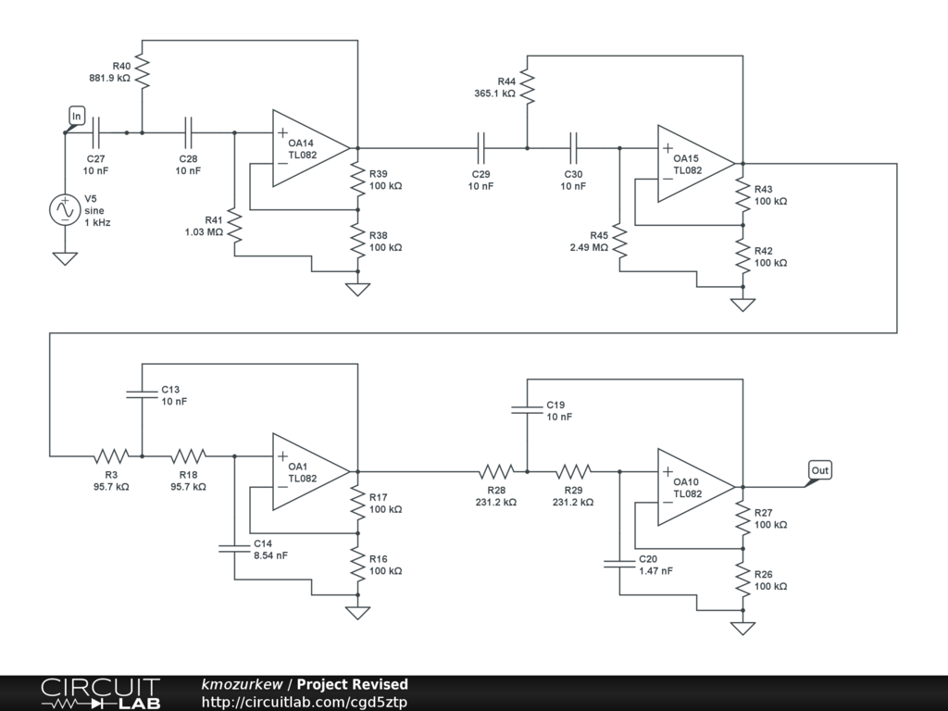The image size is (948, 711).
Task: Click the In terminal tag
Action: [x=78, y=116]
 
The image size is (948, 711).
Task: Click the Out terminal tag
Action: [x=819, y=470]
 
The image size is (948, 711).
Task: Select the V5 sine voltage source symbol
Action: [x=65, y=210]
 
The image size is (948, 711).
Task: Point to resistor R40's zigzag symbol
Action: [x=142, y=71]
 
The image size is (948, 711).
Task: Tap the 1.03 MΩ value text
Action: [x=204, y=232]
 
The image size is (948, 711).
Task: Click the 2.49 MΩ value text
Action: [x=589, y=247]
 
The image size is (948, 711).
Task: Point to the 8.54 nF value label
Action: [x=270, y=555]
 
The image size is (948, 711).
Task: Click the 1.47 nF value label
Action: [x=655, y=571]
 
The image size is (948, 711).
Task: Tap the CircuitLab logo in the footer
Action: [x=100, y=693]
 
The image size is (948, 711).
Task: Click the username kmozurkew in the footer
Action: [x=243, y=685]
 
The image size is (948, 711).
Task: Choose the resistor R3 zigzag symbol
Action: [x=111, y=455]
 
